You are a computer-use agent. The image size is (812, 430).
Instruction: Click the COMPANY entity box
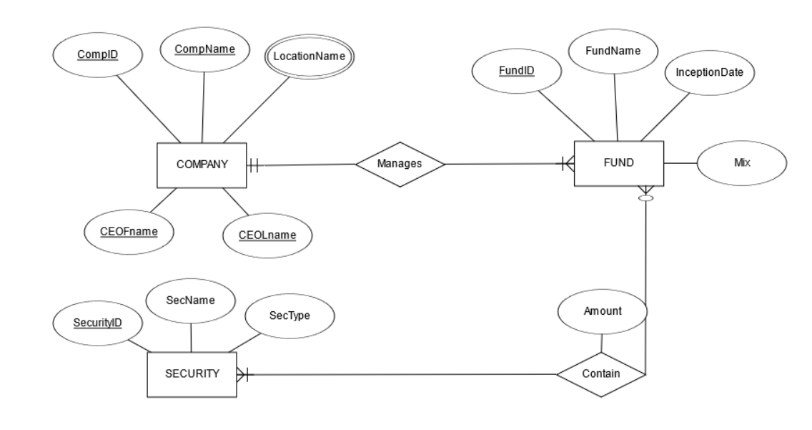tap(202, 165)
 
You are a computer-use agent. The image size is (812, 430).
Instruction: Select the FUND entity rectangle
tap(618, 164)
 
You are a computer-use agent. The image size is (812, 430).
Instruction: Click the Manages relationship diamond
tap(400, 164)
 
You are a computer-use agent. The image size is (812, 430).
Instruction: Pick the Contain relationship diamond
tap(600, 373)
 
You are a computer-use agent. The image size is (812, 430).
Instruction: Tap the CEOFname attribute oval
tap(129, 230)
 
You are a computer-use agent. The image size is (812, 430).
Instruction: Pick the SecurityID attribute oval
tap(98, 323)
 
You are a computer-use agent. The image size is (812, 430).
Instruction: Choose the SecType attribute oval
tap(289, 316)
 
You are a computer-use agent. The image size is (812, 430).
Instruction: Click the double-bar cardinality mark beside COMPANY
tap(255, 165)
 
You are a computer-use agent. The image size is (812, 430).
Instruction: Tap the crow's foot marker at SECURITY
tap(242, 374)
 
